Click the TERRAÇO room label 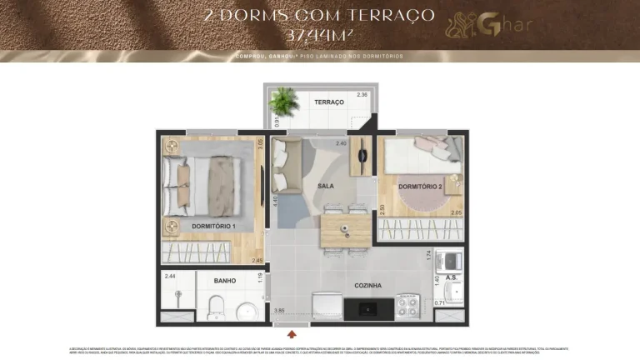pos(329,102)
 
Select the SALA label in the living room pos(326,186)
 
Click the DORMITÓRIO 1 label pos(213,227)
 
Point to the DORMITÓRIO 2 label pos(420,186)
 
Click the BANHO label pos(225,281)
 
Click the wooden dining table pos(345,230)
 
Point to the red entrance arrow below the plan pos(290,334)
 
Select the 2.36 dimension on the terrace pos(362,95)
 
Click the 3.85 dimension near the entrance pos(280,309)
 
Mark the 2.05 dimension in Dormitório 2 pos(456,213)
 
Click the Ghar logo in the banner pos(482,25)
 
